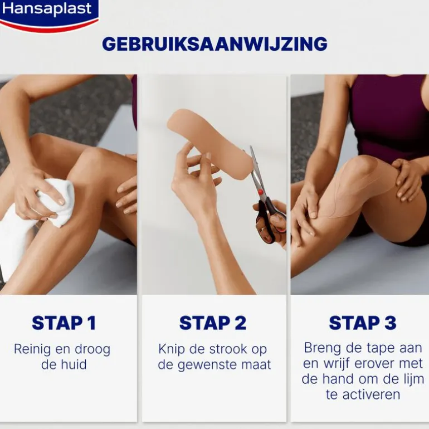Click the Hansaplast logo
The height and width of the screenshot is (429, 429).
click(x=48, y=15)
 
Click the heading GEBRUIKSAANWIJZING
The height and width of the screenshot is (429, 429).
click(x=214, y=44)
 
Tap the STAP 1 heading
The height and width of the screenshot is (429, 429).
click(x=64, y=323)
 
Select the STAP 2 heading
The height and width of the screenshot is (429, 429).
click(x=213, y=323)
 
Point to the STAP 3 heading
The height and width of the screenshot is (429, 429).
click(x=363, y=323)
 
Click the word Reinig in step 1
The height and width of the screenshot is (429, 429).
click(x=32, y=349)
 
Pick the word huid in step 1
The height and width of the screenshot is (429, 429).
click(x=73, y=364)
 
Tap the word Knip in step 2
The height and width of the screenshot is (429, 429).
click(x=171, y=349)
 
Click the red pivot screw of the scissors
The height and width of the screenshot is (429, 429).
click(x=260, y=192)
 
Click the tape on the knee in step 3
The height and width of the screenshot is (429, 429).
click(x=353, y=189)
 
